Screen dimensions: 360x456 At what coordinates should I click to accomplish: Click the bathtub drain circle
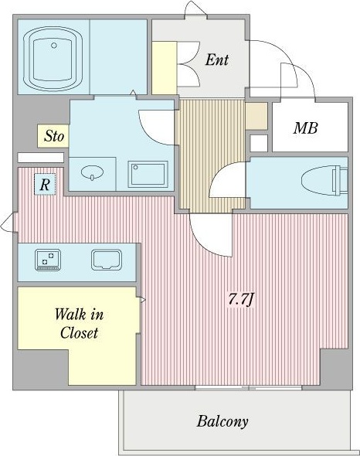(54, 46)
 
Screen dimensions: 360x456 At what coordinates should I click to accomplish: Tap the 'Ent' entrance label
(217, 60)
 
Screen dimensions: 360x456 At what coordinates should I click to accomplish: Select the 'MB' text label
(305, 128)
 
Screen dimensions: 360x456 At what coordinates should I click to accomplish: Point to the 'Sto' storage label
(54, 136)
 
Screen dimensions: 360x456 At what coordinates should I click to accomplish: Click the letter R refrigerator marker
(45, 185)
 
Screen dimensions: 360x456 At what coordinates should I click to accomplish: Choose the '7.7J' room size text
(241, 300)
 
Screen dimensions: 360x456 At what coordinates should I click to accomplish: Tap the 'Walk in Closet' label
(79, 324)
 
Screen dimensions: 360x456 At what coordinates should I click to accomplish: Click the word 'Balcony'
(222, 421)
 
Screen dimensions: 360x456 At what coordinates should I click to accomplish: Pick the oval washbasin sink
(92, 172)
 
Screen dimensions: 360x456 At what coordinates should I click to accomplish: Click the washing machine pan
(148, 174)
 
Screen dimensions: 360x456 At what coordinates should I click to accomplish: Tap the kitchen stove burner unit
(48, 260)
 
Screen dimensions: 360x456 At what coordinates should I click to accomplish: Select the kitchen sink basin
(107, 260)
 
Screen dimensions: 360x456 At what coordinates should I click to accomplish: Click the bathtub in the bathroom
(53, 58)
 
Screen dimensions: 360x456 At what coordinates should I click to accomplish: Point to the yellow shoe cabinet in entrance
(165, 68)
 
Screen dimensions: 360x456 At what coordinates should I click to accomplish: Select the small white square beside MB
(259, 143)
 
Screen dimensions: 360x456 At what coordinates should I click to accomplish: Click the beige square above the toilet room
(256, 116)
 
